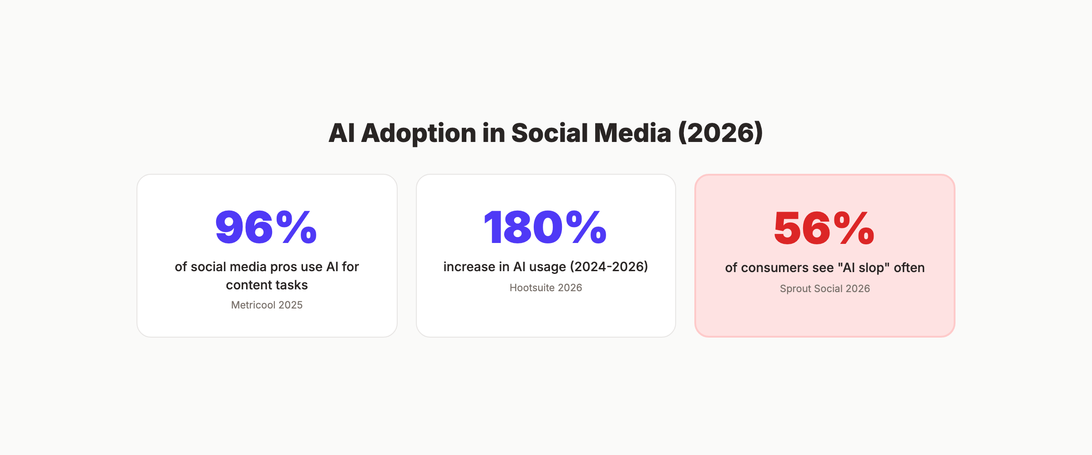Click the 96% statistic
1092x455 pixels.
266,227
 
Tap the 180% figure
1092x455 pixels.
545,227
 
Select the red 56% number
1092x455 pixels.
824,228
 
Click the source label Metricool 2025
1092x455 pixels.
267,305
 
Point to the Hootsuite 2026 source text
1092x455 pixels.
546,288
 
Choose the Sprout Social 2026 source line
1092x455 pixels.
824,288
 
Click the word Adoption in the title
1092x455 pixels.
419,133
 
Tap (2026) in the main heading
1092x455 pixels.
720,133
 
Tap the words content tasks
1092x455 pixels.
267,285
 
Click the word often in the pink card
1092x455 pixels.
909,268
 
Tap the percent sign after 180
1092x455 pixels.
586,227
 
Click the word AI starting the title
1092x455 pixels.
341,133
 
